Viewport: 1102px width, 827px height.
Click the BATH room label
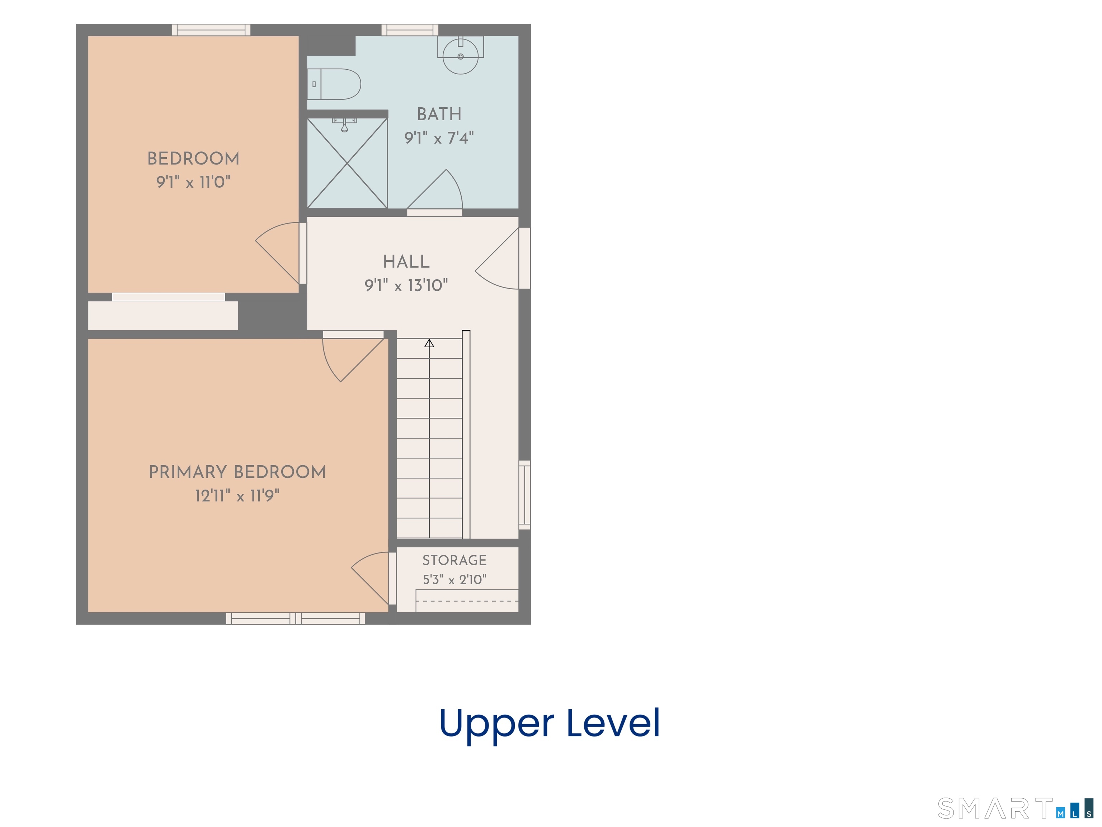click(x=439, y=114)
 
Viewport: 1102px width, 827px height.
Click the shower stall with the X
click(x=347, y=163)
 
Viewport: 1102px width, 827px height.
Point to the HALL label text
click(x=406, y=262)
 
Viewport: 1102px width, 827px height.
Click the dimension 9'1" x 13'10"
click(x=406, y=285)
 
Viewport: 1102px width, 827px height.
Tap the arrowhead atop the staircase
click(x=429, y=343)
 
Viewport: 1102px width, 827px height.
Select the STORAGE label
click(x=455, y=560)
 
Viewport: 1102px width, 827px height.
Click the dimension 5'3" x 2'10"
click(x=455, y=579)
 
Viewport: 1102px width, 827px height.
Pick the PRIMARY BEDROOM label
click(x=237, y=472)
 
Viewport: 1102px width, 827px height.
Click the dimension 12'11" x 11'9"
click(x=237, y=495)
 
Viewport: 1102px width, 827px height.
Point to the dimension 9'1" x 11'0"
click(x=193, y=182)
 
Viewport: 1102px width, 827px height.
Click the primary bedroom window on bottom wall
click(x=296, y=618)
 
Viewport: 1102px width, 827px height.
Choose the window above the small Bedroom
click(x=211, y=30)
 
